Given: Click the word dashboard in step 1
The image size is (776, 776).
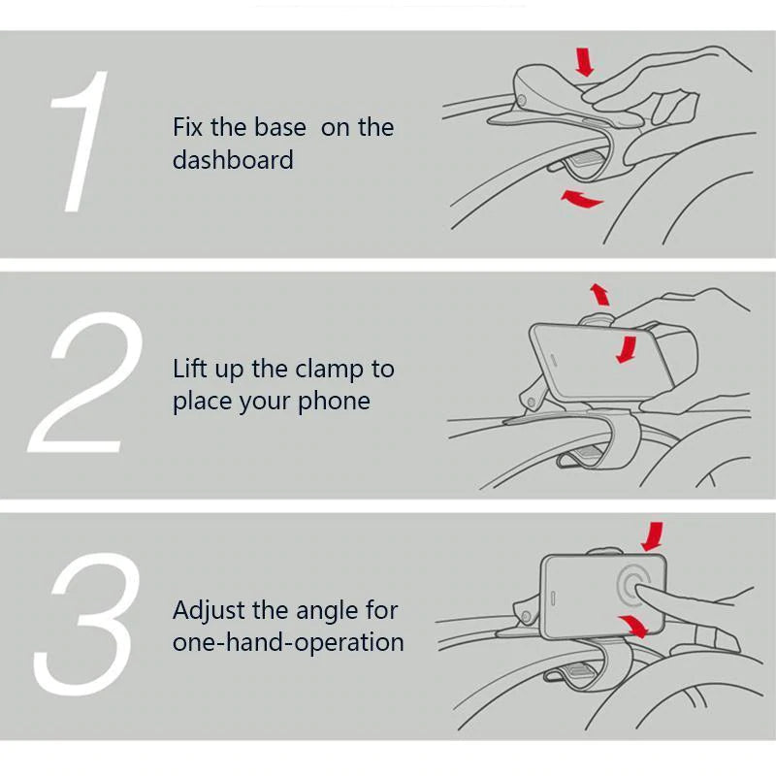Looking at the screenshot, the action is coord(233,160).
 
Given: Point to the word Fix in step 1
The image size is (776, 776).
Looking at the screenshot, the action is coord(187,127).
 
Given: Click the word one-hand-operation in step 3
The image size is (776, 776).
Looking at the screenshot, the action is coord(288,642).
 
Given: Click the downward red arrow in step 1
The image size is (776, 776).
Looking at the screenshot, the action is coord(585,62).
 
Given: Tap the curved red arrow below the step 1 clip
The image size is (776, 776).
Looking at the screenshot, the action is coord(581,199).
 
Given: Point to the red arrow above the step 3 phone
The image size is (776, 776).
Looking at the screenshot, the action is coord(653,536).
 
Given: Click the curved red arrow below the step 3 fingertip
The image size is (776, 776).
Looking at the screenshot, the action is coord(634,625).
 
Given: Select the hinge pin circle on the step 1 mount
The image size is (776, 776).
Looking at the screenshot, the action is coord(522,101).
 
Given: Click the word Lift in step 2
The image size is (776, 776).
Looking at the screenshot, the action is coord(189,369).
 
